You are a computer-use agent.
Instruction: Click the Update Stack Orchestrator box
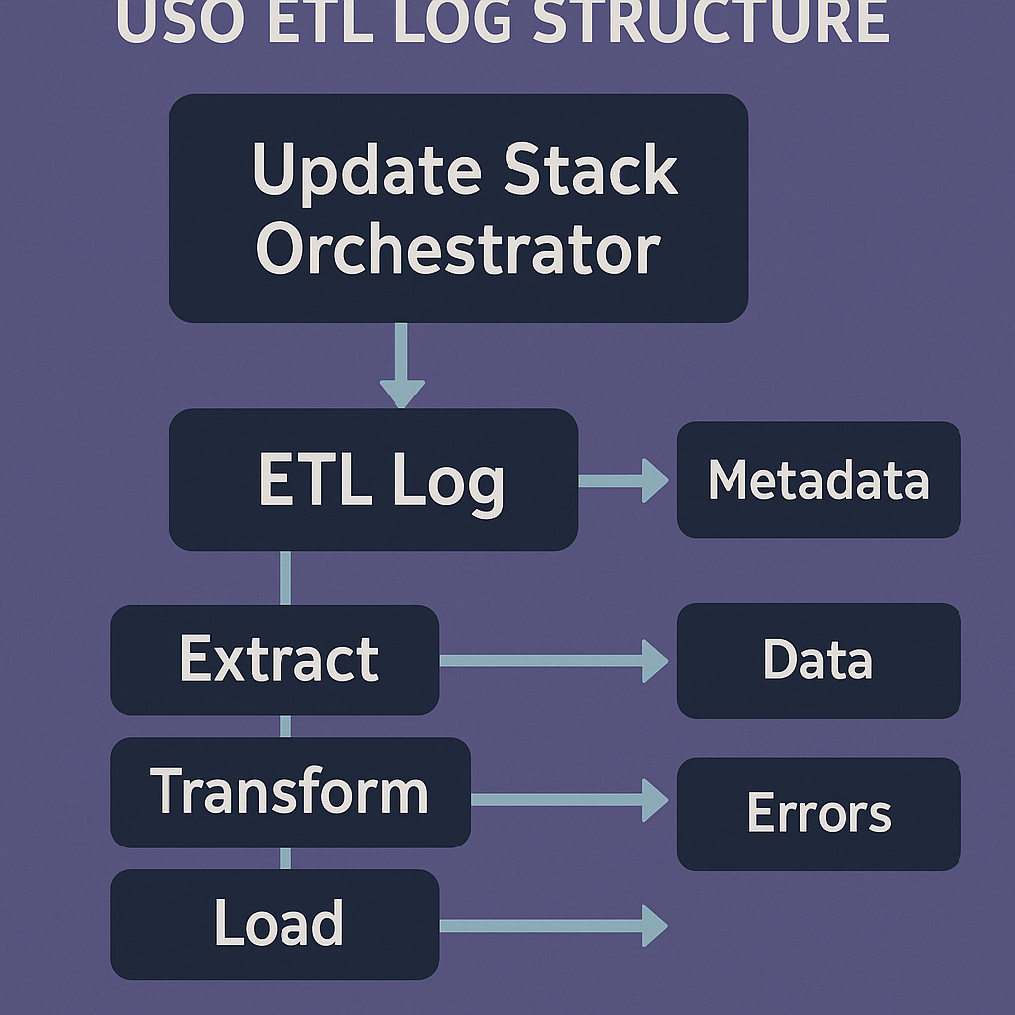[x=458, y=208]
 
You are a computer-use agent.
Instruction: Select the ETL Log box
[x=373, y=481]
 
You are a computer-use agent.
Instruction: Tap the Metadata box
[x=819, y=481]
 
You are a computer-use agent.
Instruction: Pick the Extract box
[x=275, y=660]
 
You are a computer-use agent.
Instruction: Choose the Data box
[x=819, y=660]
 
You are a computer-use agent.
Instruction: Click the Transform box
[x=289, y=793]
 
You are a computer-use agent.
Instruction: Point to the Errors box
[x=819, y=814]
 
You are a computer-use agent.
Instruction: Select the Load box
[x=275, y=925]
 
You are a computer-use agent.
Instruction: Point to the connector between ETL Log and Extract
[x=285, y=577]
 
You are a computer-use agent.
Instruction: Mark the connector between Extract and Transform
[x=285, y=727]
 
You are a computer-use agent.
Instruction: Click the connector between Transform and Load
[x=285, y=858]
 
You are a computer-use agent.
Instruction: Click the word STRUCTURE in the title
[x=711, y=22]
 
